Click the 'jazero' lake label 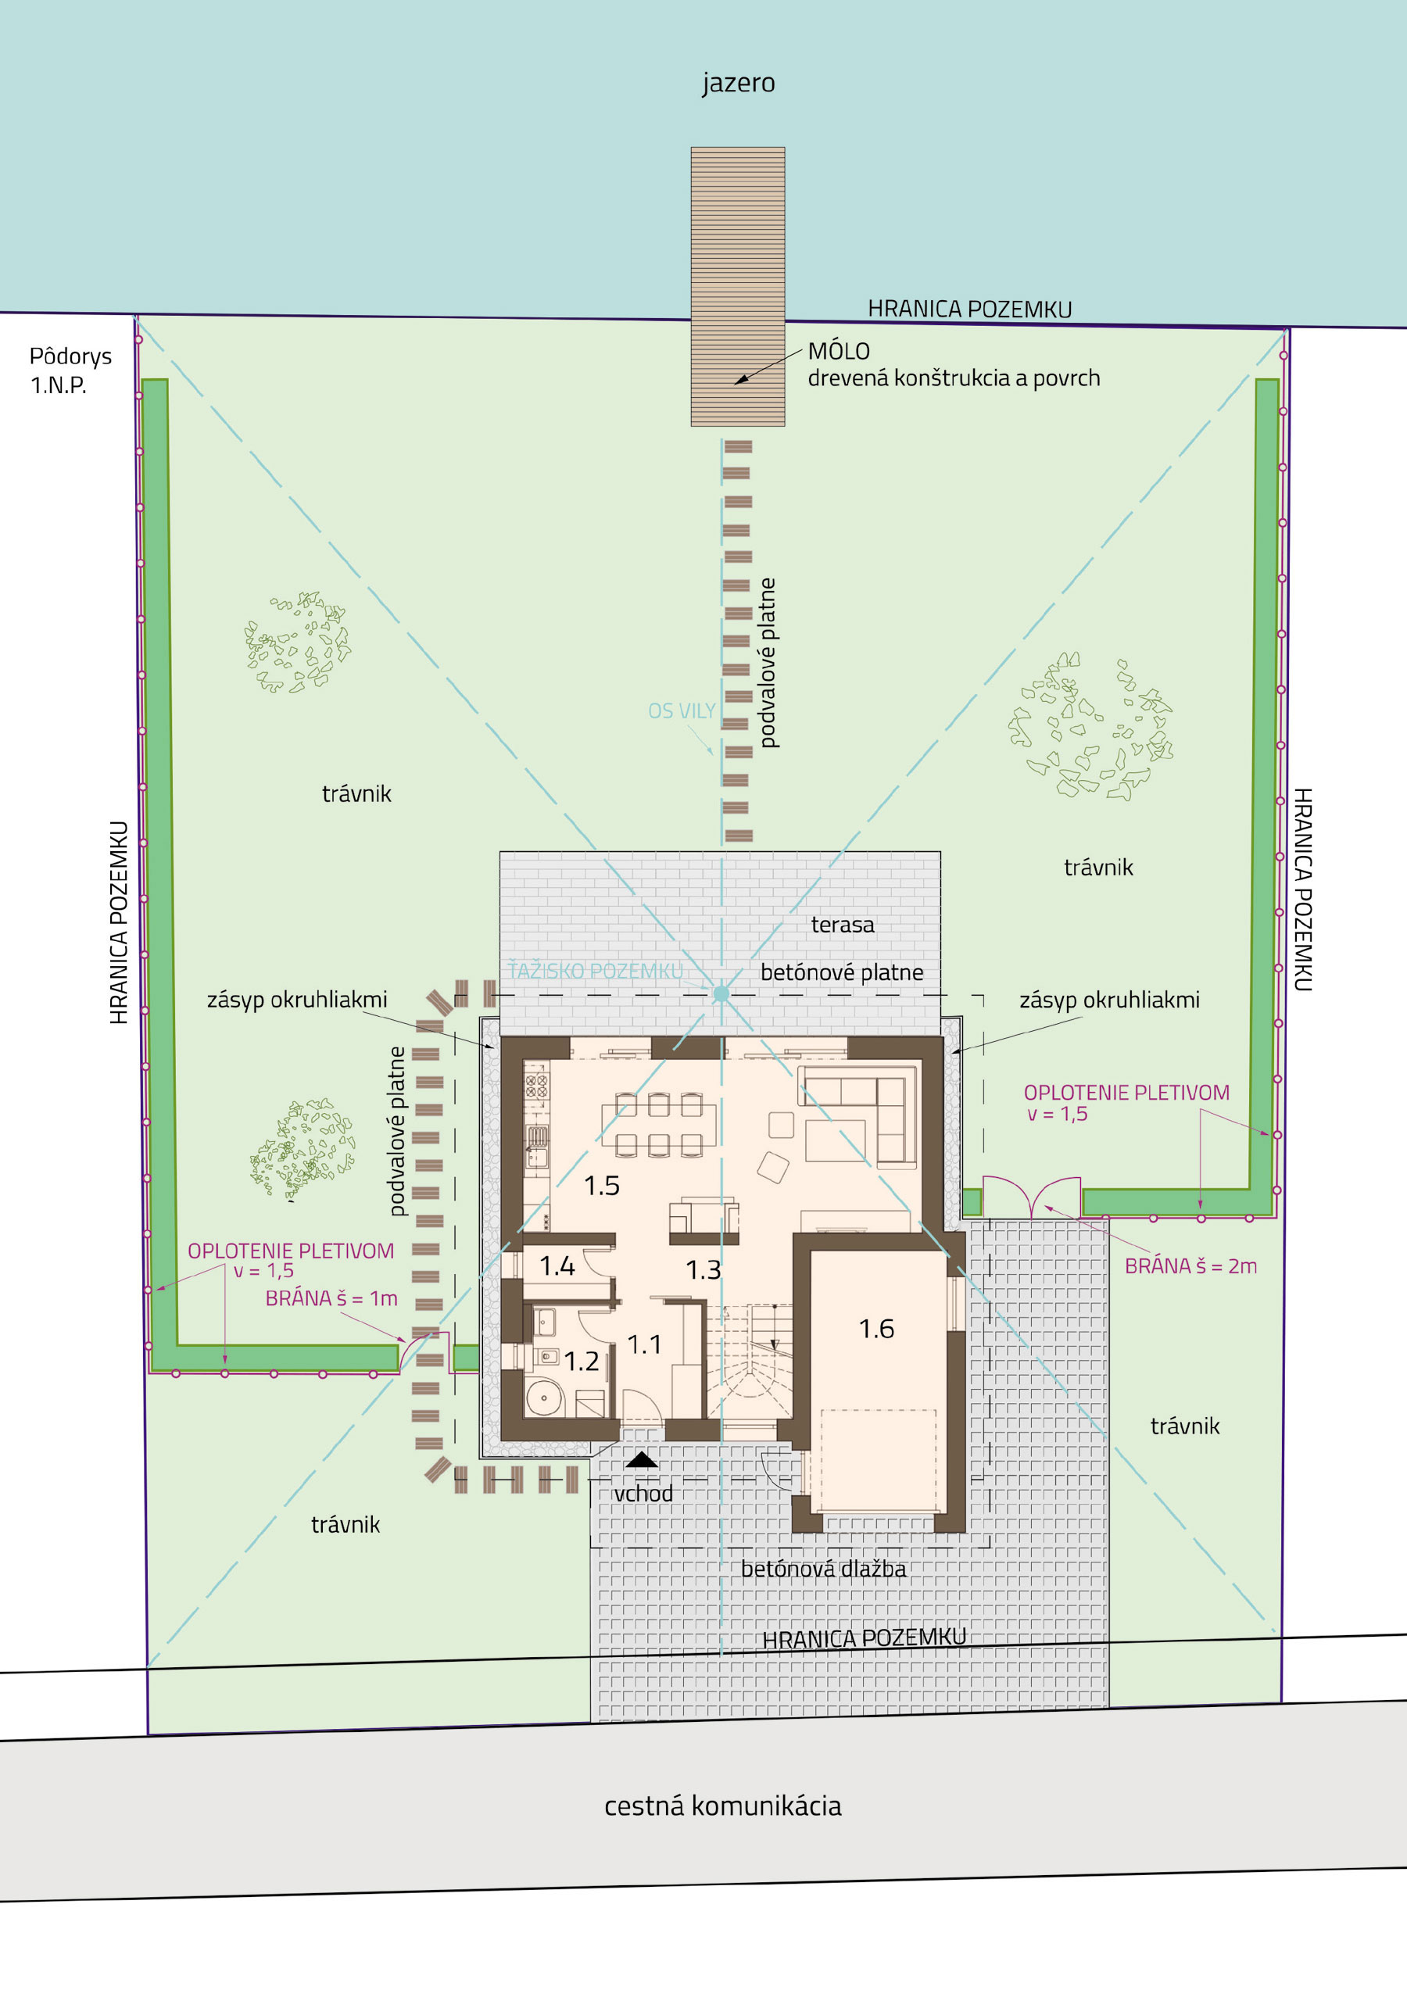(x=739, y=83)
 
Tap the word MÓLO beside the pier (x=838, y=351)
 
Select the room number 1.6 (x=876, y=1329)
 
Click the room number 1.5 (x=602, y=1186)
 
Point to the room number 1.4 (x=557, y=1266)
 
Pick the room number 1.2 (x=582, y=1362)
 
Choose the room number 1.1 (x=644, y=1344)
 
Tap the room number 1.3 (x=703, y=1271)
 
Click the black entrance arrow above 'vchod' (x=642, y=1459)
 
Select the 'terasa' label (x=843, y=925)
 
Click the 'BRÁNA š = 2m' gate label (x=1190, y=1266)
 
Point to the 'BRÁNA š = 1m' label (x=331, y=1298)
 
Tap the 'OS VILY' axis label (x=682, y=711)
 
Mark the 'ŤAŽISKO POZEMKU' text (x=596, y=971)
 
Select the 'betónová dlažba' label (x=824, y=1569)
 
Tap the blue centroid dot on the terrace (x=721, y=994)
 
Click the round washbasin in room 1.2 (x=544, y=1398)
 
